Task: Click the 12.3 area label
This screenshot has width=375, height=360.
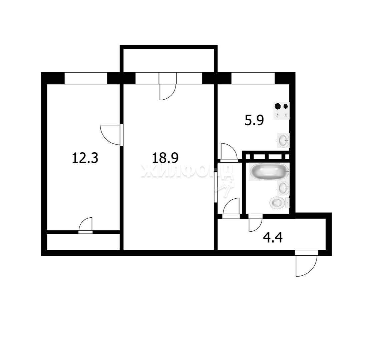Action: click(x=85, y=158)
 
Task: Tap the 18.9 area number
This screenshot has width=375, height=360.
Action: click(x=165, y=158)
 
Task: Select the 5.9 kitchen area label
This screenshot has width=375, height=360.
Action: click(x=254, y=120)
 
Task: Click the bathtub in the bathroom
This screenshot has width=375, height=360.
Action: click(x=269, y=172)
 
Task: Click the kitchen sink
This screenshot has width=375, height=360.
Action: click(x=283, y=140)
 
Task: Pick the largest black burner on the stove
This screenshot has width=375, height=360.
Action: click(x=278, y=106)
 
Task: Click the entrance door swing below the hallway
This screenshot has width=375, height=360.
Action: click(x=306, y=264)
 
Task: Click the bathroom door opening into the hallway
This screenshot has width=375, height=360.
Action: click(x=256, y=223)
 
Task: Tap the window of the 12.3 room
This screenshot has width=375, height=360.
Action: click(x=86, y=78)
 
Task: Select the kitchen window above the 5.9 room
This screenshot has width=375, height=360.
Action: click(x=253, y=78)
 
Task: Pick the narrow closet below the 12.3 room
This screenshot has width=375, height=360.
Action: click(x=83, y=242)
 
